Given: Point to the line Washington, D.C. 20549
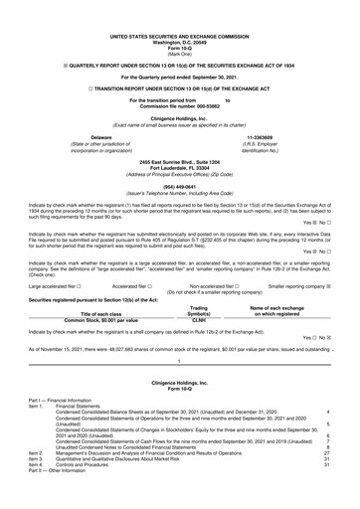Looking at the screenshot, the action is click(179, 15).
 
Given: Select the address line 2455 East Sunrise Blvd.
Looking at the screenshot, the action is click(179, 132).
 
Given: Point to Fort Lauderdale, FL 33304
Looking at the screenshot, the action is click(179, 138).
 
